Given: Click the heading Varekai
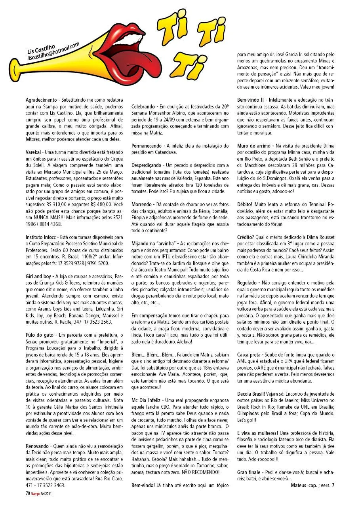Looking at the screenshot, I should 34,152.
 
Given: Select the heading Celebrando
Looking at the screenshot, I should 144,107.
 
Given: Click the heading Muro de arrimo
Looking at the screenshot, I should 254,146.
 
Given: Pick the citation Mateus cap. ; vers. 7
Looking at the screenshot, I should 312,485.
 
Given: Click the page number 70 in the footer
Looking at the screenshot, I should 28,493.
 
